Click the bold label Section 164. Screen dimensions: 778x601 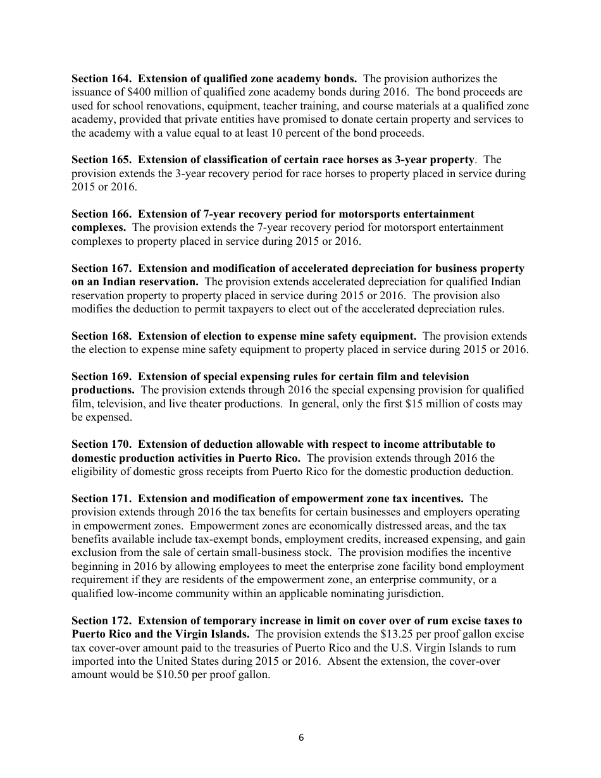102,79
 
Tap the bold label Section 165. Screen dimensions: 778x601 102,160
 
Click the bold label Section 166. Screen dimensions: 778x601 102,214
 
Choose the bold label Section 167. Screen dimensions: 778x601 102,269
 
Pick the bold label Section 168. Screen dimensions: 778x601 102,336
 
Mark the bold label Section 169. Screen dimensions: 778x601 102,377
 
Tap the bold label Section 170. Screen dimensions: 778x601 102,445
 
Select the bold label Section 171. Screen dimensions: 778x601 102,499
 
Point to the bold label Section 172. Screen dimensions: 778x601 102,621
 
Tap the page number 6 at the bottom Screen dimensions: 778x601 300,736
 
